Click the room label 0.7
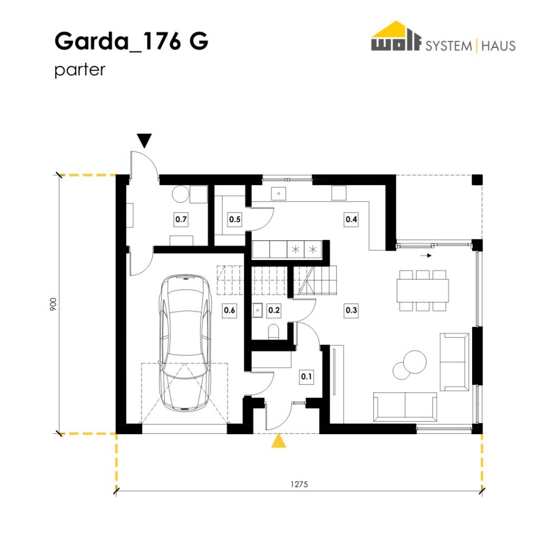(181, 219)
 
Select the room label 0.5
(235, 219)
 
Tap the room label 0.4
(351, 219)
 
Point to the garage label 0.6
(229, 310)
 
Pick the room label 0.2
(274, 310)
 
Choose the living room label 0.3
(351, 310)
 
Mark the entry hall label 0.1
(306, 376)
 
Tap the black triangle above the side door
(144, 140)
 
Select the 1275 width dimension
(299, 484)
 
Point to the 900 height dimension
(53, 305)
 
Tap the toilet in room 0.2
(274, 332)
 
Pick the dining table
(423, 291)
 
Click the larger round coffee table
(415, 362)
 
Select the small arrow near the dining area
(426, 255)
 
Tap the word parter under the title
(80, 70)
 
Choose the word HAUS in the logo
(498, 46)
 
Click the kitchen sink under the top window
(279, 194)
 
